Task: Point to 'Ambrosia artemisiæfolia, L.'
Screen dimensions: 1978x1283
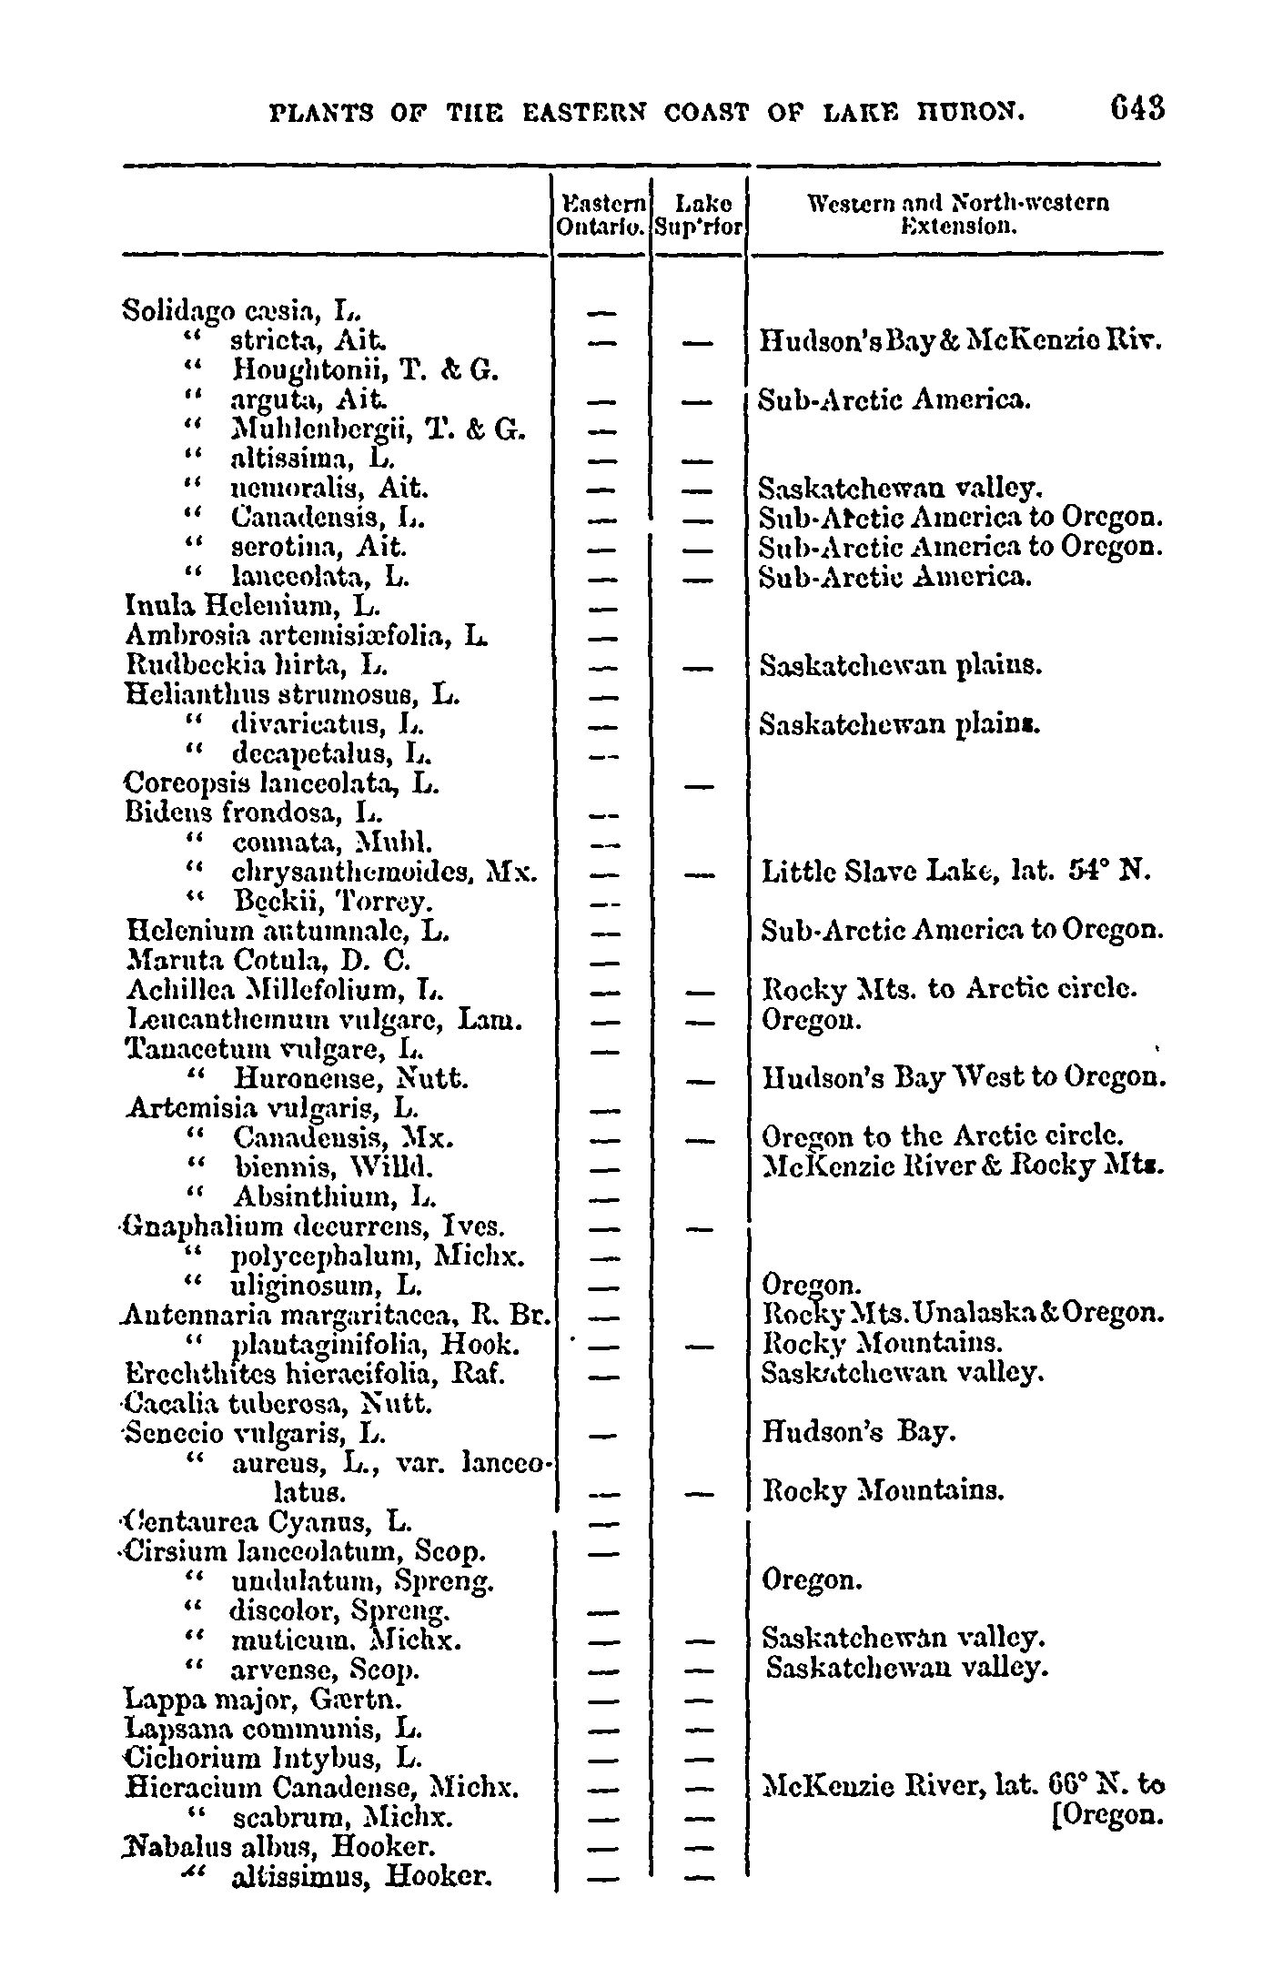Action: [305, 635]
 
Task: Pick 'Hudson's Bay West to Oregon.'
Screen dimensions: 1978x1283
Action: [964, 1079]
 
